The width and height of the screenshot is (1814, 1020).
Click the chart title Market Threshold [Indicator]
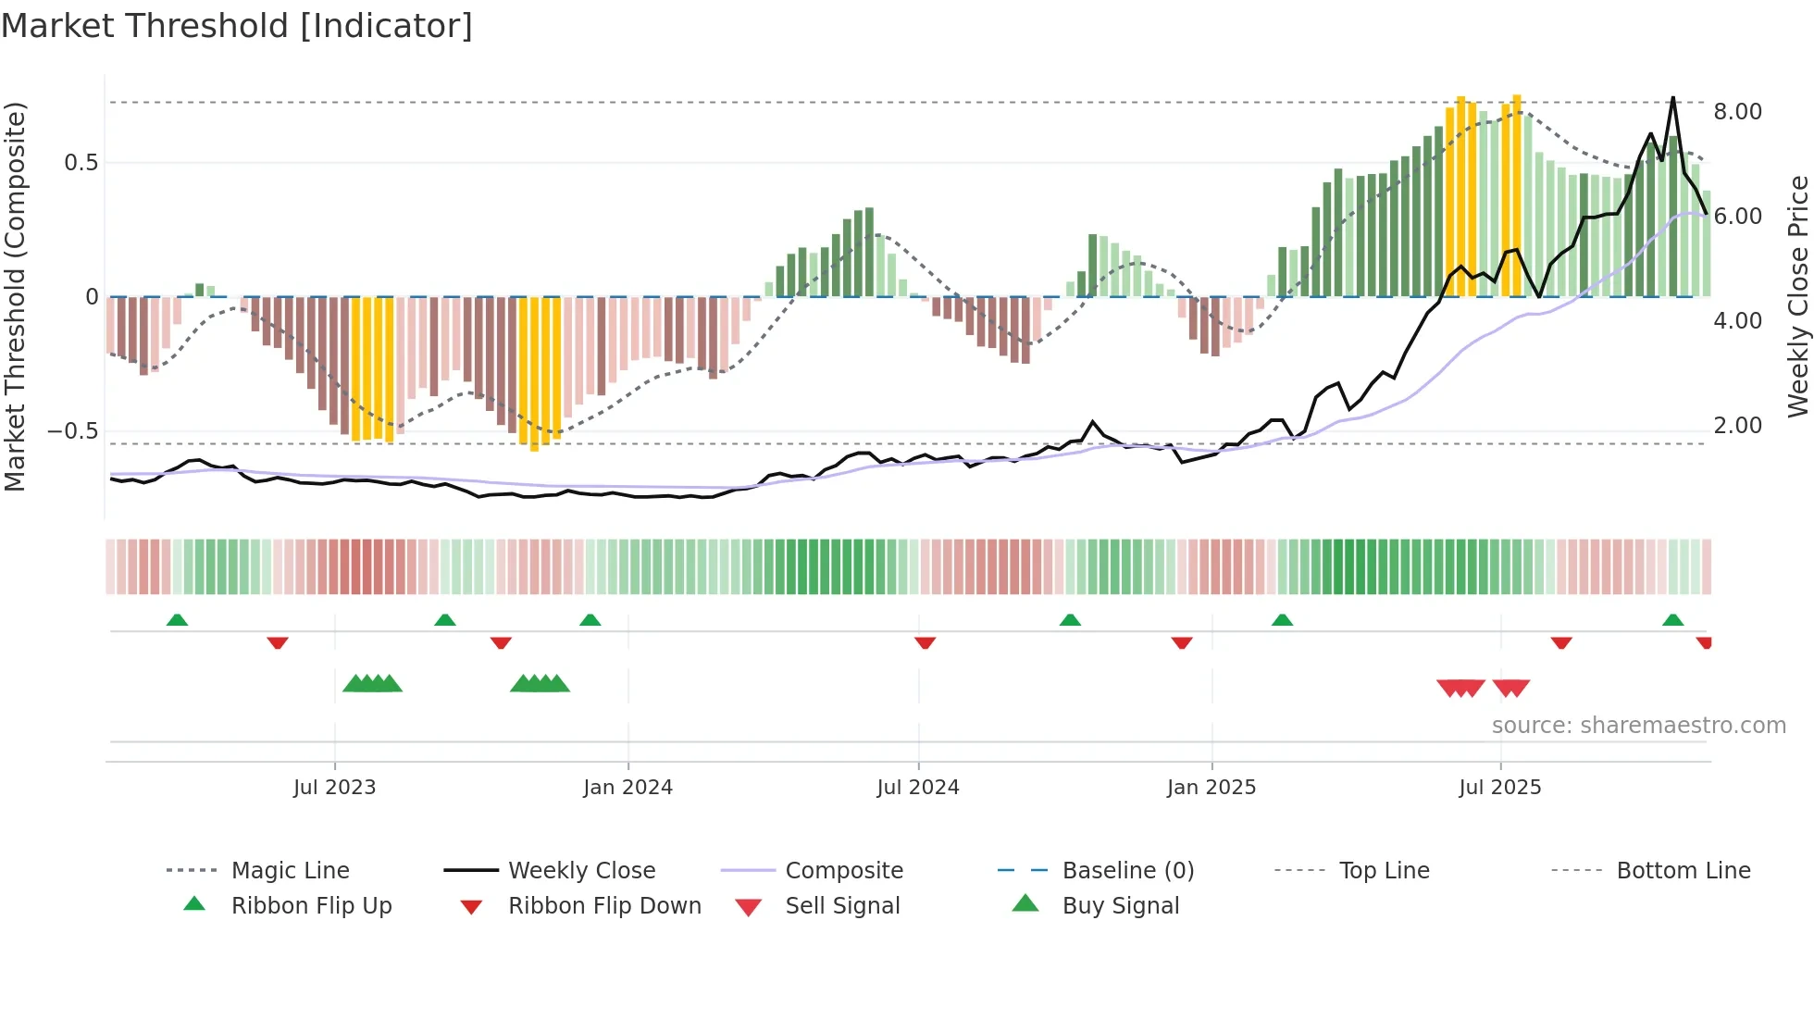point(237,26)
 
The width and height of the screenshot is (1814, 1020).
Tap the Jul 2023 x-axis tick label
point(334,788)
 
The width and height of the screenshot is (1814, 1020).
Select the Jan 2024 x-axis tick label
point(627,788)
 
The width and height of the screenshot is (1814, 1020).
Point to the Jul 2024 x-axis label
point(917,788)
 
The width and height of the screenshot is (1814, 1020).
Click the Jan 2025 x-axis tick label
point(1211,788)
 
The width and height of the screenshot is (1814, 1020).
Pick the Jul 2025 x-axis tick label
point(1499,788)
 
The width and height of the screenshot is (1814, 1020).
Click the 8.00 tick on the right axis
point(1737,112)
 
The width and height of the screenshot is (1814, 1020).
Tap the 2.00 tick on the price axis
point(1737,426)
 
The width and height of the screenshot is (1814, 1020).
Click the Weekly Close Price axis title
point(1797,296)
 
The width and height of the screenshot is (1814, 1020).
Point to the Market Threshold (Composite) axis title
point(15,296)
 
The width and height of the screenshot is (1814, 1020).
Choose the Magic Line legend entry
point(290,871)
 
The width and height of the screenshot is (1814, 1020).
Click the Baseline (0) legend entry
point(1127,871)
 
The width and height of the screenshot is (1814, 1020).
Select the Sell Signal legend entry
point(841,906)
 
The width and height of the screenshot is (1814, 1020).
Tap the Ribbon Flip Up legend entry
point(311,906)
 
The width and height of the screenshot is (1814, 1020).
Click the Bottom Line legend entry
point(1683,871)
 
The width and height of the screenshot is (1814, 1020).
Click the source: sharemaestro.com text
point(1638,726)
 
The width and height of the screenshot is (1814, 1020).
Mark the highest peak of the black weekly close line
point(1672,98)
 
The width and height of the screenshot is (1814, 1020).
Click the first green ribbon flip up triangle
point(177,620)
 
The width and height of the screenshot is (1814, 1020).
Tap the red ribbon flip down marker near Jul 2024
point(925,642)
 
